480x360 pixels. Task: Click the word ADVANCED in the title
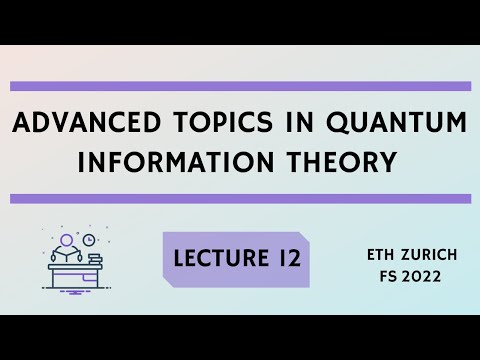(x=86, y=122)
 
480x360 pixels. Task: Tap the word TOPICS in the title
(x=224, y=122)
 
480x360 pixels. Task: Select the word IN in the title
(x=300, y=122)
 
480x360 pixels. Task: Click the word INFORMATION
(x=176, y=162)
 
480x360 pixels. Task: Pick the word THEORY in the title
(x=342, y=162)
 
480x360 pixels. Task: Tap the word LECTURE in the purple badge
(x=221, y=258)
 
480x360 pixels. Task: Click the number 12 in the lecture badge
(x=289, y=258)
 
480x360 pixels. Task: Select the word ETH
(x=381, y=255)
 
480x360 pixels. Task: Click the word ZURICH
(x=429, y=255)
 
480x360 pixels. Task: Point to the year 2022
(x=421, y=276)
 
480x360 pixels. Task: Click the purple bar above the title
(x=240, y=86)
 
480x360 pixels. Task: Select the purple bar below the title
(x=240, y=199)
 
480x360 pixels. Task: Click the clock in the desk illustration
(x=89, y=240)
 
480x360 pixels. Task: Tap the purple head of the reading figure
(x=66, y=240)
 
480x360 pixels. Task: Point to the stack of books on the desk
(x=95, y=259)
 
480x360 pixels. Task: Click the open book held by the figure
(x=66, y=257)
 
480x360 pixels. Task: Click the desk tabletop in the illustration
(x=75, y=267)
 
